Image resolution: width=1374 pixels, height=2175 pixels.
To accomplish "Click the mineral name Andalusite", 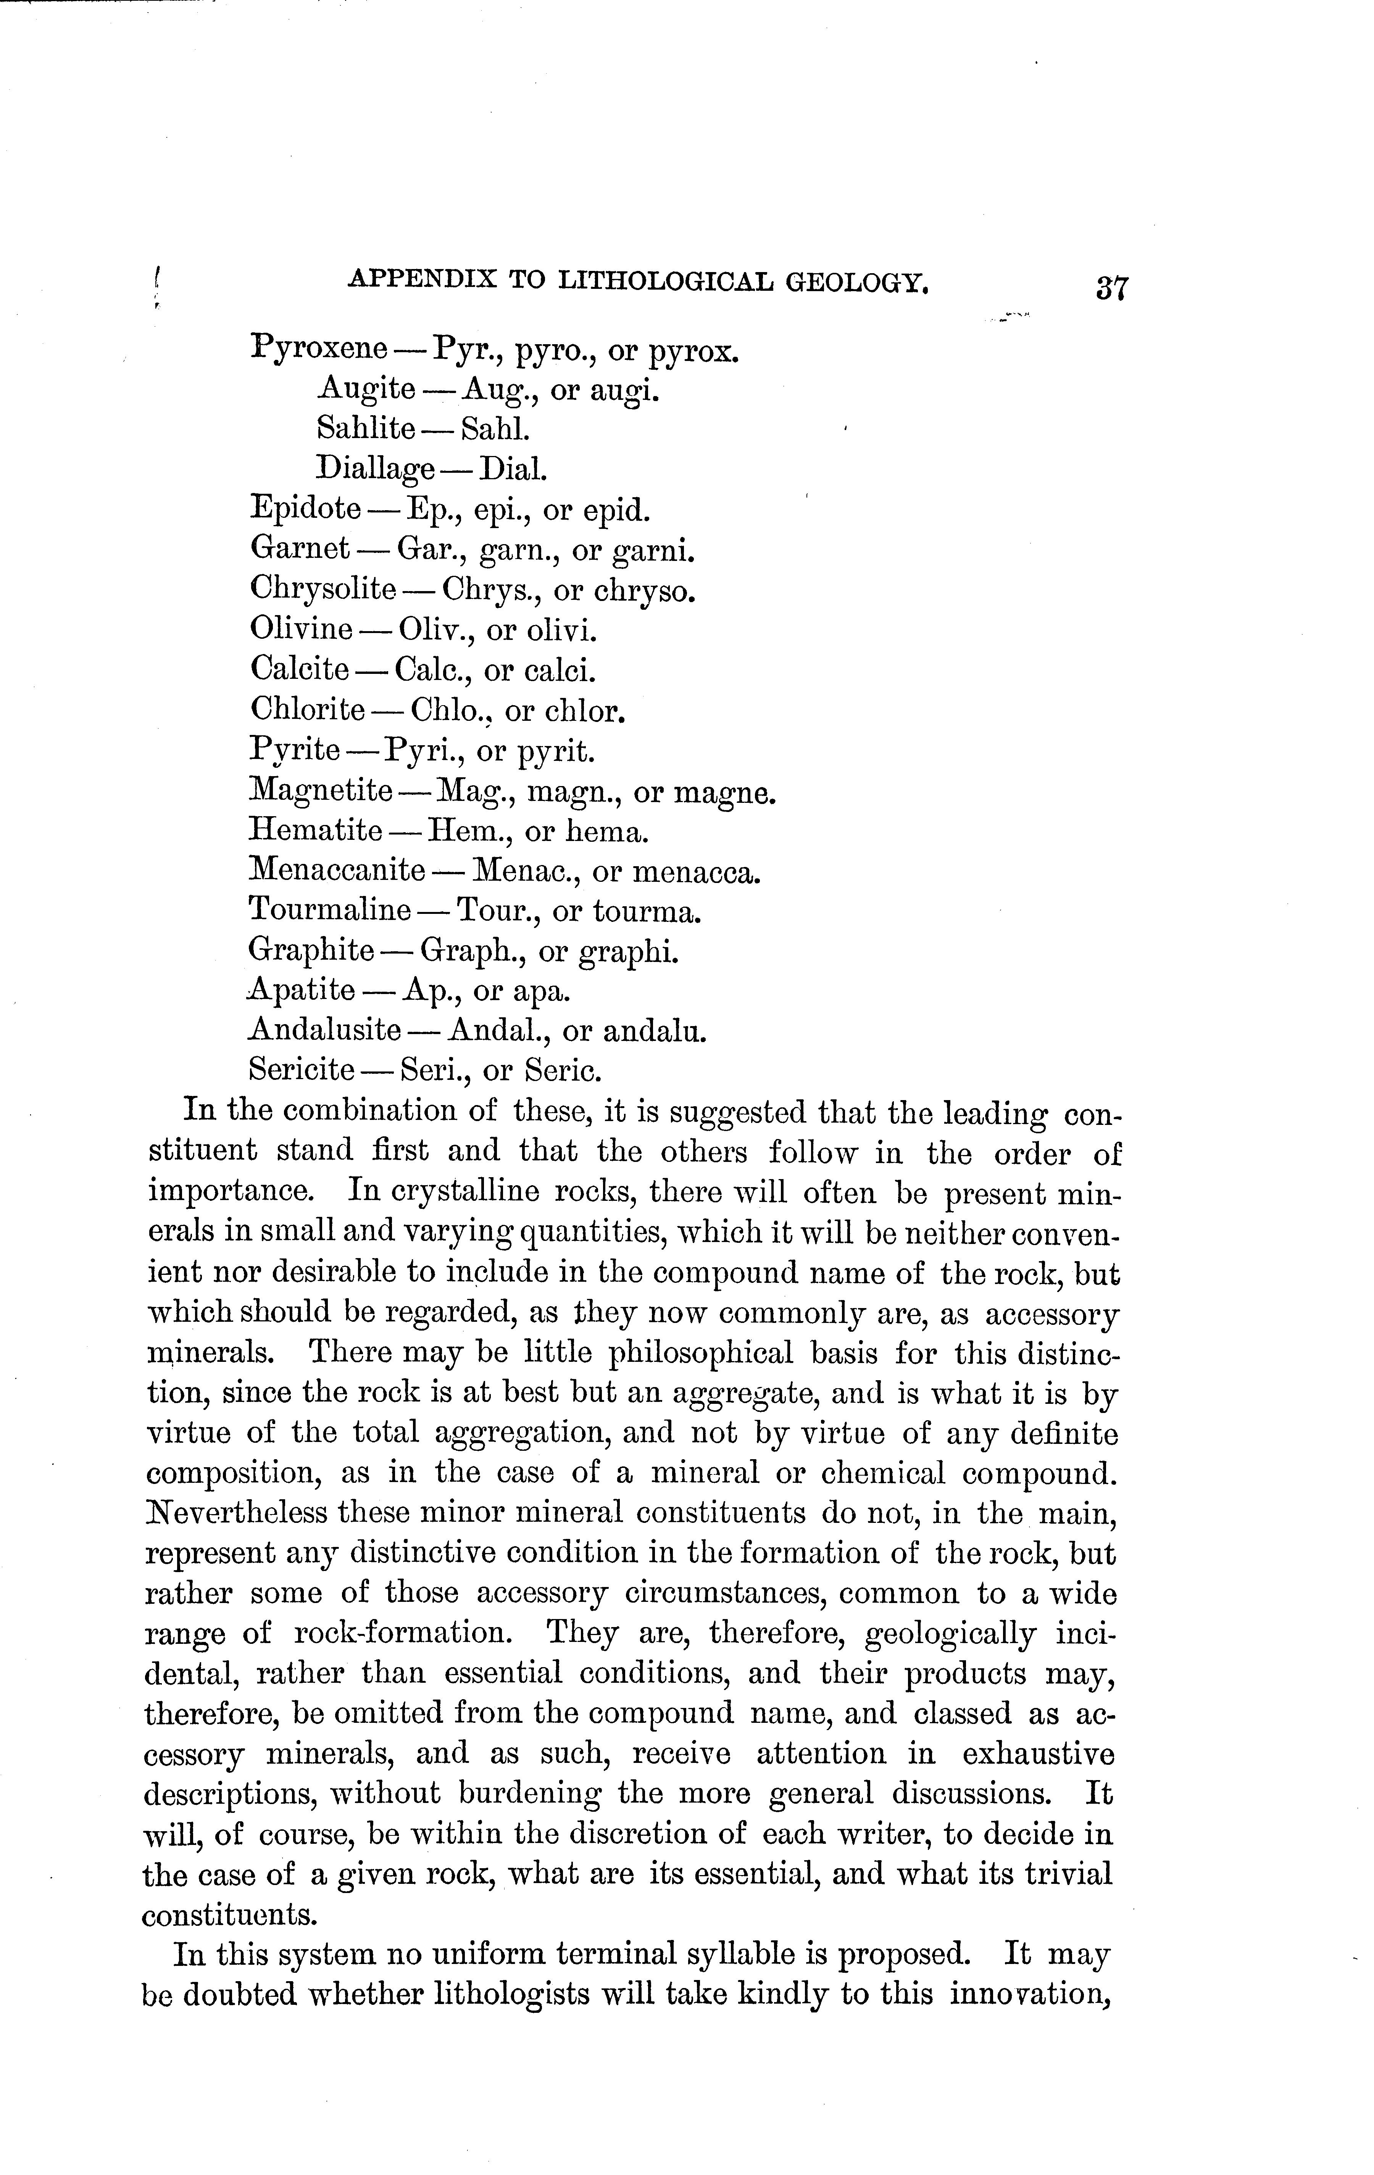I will click(325, 1030).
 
